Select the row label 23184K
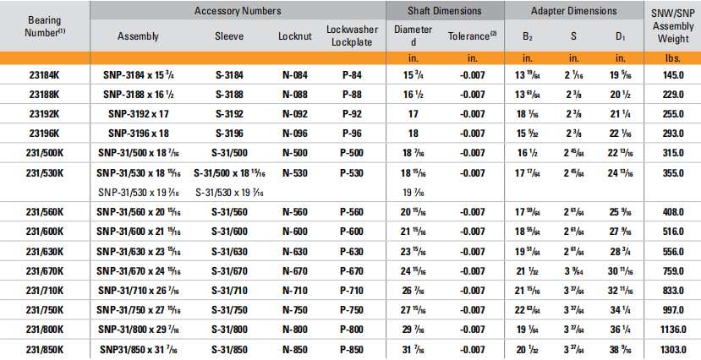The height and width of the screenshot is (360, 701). coord(46,74)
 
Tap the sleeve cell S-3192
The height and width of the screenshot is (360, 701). coord(231,113)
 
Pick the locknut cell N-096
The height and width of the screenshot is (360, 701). coord(294,133)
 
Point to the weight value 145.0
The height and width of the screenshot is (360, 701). coord(672,74)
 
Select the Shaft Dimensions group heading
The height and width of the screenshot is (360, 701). coord(445,11)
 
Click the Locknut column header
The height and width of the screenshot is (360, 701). coord(294,36)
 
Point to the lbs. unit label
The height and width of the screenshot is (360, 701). coord(672,57)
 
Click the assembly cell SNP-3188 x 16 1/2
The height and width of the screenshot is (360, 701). coord(140,94)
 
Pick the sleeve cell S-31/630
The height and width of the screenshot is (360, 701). coord(231,251)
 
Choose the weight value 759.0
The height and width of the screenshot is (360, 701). coord(672,271)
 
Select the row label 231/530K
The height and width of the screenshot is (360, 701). coord(46,172)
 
